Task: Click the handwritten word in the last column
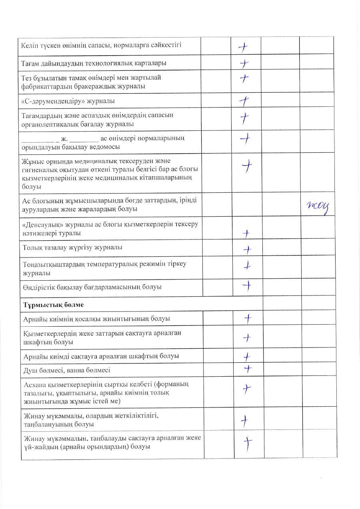[x=318, y=206]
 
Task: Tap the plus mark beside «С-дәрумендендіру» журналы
[x=244, y=102]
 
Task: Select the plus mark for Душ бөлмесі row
[x=248, y=369]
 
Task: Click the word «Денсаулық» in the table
[x=40, y=224]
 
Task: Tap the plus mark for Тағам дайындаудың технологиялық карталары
[x=244, y=63]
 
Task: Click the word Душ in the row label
[x=30, y=370]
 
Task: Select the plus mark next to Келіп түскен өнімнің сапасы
[x=243, y=47]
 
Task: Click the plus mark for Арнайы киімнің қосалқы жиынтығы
[x=248, y=319]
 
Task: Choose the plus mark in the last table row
[x=248, y=443]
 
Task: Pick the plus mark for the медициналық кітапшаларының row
[x=248, y=166]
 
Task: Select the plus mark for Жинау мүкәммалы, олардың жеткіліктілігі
[x=244, y=420]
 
